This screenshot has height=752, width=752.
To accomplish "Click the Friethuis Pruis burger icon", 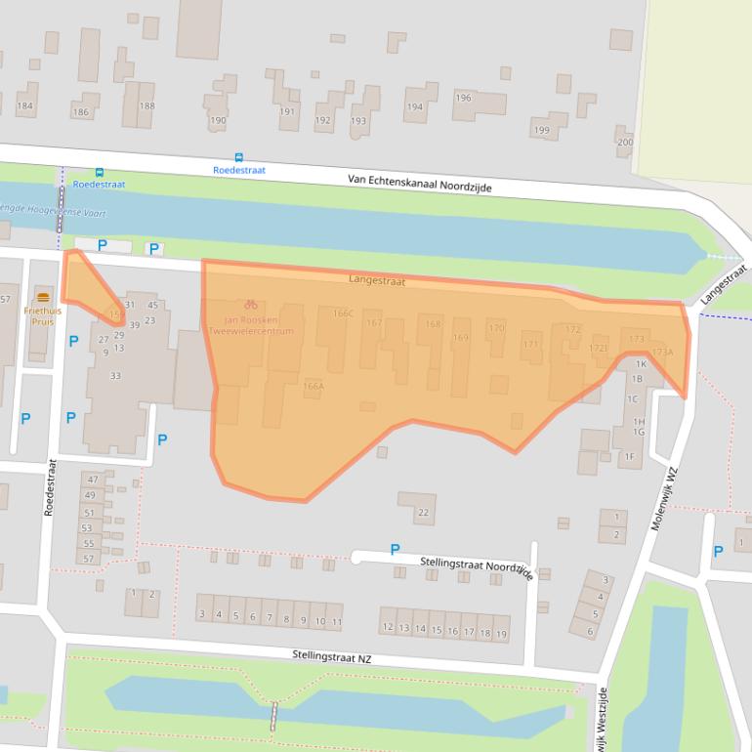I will pos(42,296).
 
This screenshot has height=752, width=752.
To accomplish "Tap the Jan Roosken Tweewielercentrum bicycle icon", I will pos(251,305).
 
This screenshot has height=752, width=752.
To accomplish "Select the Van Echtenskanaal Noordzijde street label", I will pos(420,184).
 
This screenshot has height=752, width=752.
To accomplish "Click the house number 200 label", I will pos(625,143).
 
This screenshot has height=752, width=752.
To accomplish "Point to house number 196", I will pos(464,98).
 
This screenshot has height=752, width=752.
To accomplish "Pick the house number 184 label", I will pos(25,106).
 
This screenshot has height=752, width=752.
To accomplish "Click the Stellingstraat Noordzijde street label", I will pos(477,567).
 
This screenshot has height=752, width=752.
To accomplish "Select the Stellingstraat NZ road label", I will pos(332,659).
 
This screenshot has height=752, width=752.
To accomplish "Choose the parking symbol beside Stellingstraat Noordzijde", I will pos(395,550).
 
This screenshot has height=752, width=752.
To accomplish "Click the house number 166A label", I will pos(313,387).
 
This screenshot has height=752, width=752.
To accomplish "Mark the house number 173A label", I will pos(662,353).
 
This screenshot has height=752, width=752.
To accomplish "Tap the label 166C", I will pos(342,313).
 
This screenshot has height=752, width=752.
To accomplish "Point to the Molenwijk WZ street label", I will pos(665,498).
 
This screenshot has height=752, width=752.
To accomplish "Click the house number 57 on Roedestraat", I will pos(87,559).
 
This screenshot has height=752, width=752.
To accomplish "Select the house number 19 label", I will pos(501,633).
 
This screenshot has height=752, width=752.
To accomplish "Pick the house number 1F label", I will pos(630,456).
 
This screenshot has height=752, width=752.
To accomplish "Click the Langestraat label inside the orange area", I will pos(376,280).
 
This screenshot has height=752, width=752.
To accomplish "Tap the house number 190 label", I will pos(218,121).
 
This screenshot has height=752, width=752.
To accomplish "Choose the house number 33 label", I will pos(115,376).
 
